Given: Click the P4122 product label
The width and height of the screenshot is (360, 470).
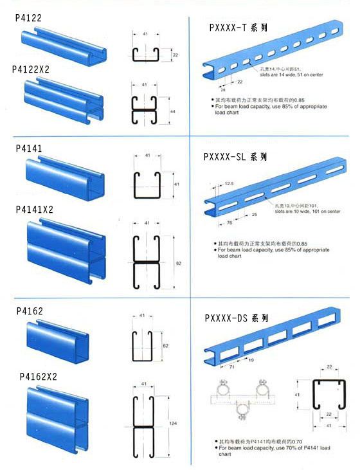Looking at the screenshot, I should click(28, 19).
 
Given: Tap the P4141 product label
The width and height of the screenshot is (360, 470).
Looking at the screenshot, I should click(29, 148).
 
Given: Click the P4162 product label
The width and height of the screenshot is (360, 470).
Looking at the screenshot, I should click(30, 311).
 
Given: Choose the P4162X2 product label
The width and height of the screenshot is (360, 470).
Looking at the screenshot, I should click(39, 376).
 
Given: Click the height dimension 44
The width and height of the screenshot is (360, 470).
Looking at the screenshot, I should click(172, 111).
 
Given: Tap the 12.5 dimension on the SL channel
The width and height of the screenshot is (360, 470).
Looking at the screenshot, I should click(230, 183).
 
